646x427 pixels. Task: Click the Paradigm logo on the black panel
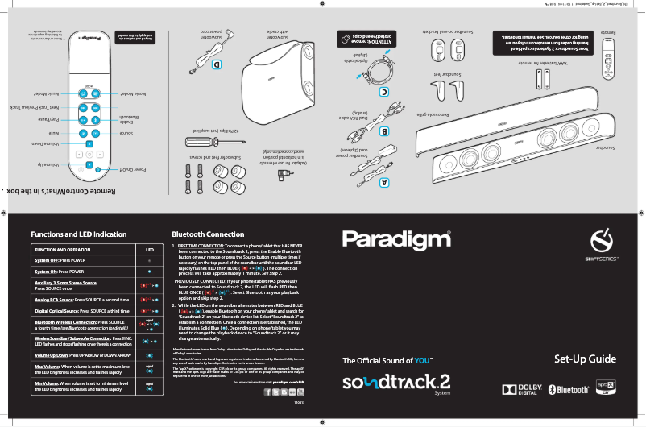[x=396, y=239]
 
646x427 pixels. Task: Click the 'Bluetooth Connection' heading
[x=208, y=234]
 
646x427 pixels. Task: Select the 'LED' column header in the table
[x=149, y=250]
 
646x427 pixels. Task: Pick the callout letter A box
[x=384, y=182]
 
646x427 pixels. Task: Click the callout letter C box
[x=384, y=92]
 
